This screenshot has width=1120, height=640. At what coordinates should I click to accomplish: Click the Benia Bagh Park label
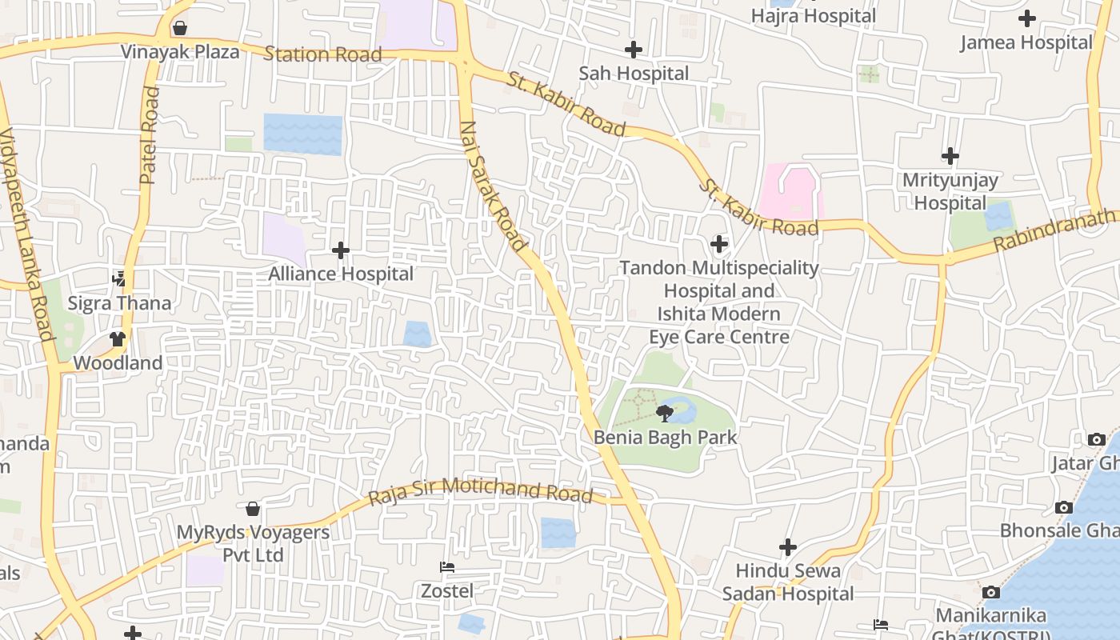pos(665,438)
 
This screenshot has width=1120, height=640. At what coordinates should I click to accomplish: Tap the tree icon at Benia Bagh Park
pos(664,413)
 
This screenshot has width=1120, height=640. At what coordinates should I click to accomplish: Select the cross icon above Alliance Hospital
pos(341,250)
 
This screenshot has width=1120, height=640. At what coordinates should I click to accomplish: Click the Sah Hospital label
pos(634,74)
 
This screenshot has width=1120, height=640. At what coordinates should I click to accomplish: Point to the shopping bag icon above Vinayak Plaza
pos(180,29)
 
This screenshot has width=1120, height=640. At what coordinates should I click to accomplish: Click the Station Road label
pos(322,54)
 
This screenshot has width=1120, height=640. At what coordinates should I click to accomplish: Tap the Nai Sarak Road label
pos(493,186)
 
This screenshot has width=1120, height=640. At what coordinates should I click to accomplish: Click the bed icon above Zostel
pos(447,567)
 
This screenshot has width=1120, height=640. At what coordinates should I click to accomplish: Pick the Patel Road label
pos(150,136)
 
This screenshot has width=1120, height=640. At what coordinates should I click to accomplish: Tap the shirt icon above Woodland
pos(118,338)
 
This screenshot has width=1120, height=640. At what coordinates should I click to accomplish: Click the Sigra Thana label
pos(119,303)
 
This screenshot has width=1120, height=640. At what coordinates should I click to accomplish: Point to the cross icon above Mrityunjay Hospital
pos(950,155)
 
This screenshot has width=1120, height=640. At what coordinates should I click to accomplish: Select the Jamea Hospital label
pos(1026,42)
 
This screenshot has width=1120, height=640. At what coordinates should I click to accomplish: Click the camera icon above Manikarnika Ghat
pos(990,592)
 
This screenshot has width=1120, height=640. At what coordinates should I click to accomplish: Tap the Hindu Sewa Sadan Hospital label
pos(788,582)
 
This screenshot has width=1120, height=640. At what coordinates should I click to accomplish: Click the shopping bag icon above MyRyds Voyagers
pos(253,509)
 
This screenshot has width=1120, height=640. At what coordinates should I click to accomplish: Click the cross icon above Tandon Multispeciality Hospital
pos(719,243)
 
